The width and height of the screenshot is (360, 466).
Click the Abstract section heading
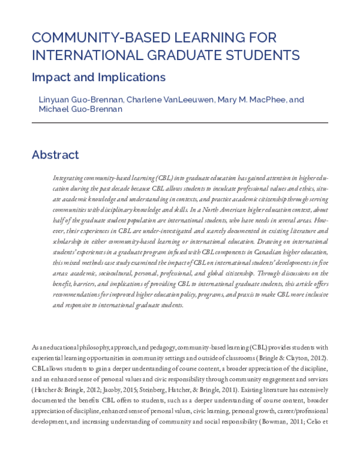click(x=55, y=154)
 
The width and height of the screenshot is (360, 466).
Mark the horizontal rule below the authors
click(x=180, y=123)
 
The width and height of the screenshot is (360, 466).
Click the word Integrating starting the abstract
click(x=69, y=179)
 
